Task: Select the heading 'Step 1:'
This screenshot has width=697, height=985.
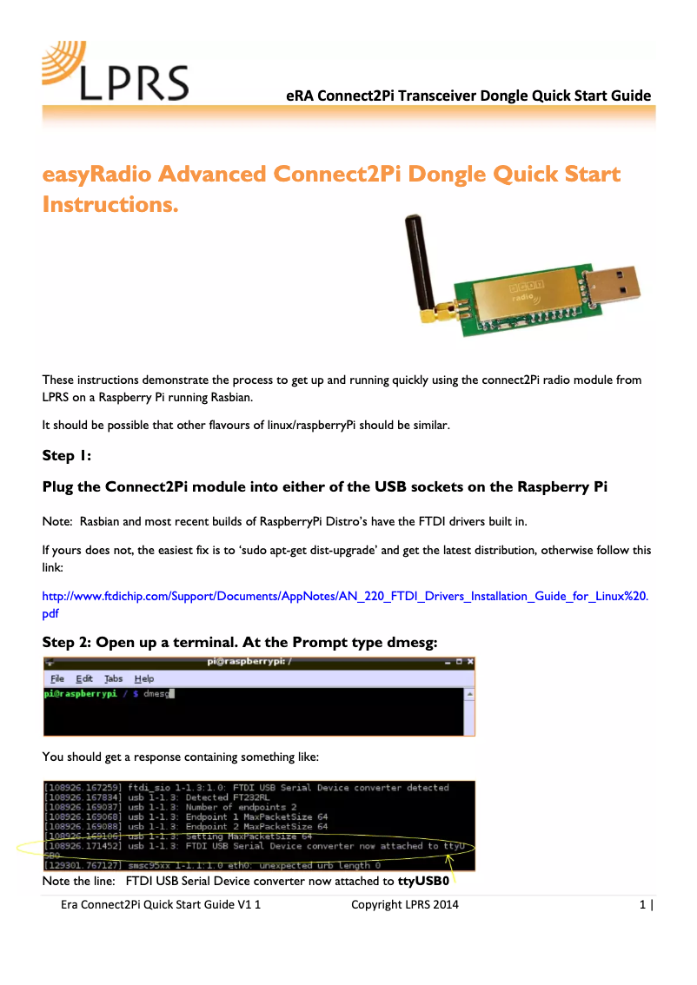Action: [x=67, y=456]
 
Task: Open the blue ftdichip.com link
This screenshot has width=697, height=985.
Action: [x=345, y=597]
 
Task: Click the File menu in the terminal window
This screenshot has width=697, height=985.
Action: [x=57, y=678]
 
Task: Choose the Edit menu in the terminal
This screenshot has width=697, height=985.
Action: [x=84, y=678]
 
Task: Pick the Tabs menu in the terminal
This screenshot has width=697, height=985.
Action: [x=114, y=678]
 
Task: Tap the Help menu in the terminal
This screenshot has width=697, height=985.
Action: [x=144, y=678]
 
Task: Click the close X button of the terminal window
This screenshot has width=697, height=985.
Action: [x=470, y=663]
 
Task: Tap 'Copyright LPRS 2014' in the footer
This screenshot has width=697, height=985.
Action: [x=405, y=905]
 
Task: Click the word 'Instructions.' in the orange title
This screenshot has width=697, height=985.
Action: [x=110, y=205]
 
